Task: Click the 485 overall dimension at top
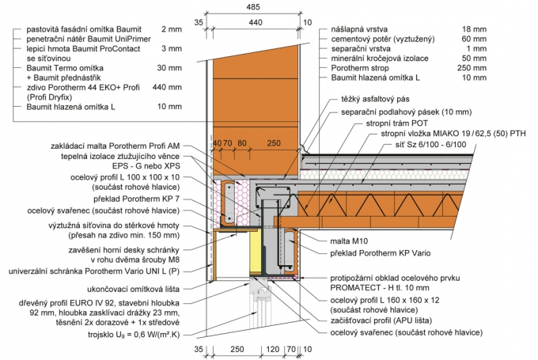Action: [254, 6]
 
